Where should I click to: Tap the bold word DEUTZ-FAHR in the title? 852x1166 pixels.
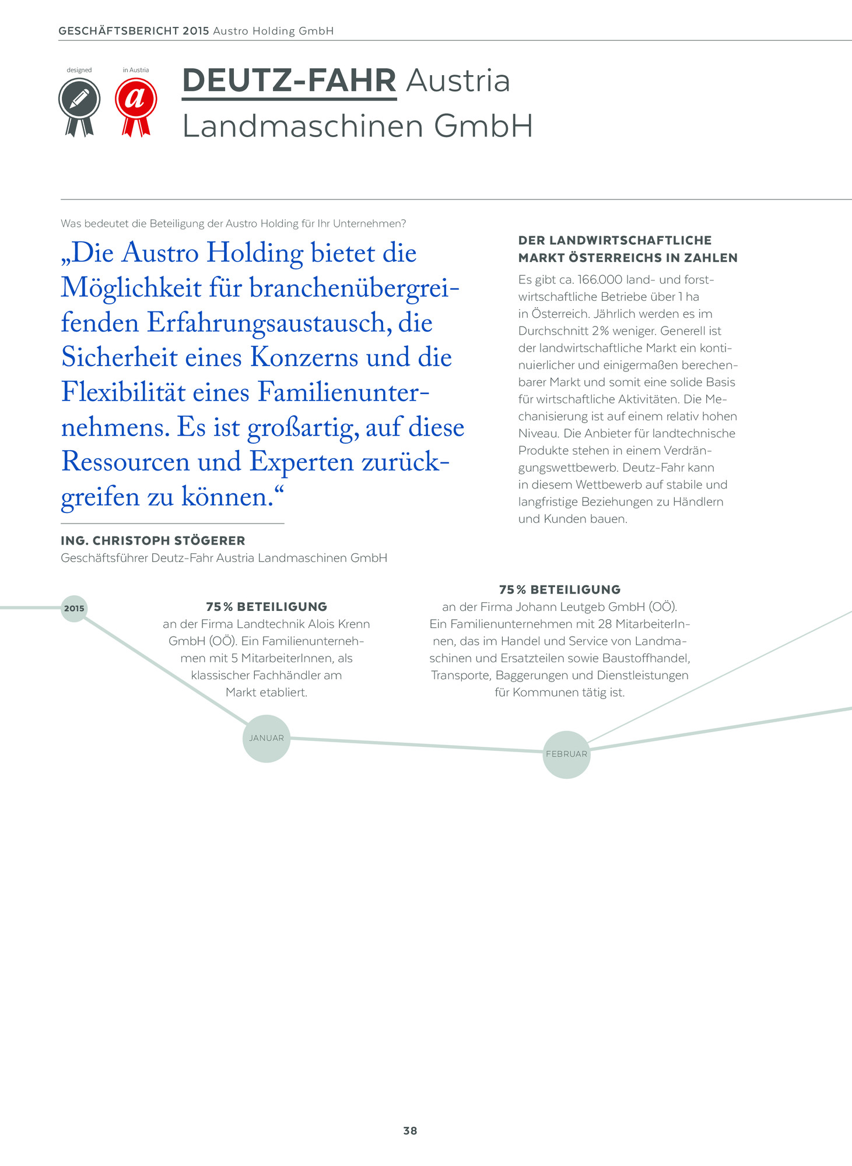[289, 80]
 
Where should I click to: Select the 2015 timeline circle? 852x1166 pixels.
[74, 608]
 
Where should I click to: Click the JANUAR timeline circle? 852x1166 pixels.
[267, 738]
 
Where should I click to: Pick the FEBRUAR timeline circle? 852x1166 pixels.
[566, 754]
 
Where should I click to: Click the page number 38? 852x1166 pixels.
[410, 1130]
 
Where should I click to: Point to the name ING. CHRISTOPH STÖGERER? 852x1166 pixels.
[153, 540]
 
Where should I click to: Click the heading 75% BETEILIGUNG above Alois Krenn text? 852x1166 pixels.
[267, 607]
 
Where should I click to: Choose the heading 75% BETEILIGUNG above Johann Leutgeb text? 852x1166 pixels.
[560, 589]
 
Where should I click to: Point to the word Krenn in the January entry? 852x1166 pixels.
[354, 624]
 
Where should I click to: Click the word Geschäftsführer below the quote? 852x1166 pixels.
[104, 558]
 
